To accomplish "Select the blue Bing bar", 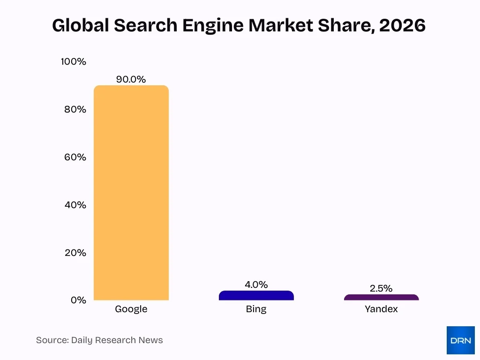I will [256, 296].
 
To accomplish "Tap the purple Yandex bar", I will [381, 297].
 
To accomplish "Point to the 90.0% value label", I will [131, 79].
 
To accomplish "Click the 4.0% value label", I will [256, 285].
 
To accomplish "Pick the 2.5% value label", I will [381, 288].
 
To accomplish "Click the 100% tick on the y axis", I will [74, 61].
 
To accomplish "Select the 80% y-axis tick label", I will [75, 109].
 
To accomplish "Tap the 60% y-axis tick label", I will [75, 157].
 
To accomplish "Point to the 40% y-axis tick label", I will [75, 205].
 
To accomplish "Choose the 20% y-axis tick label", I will [75, 253].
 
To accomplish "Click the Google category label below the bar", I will [131, 309].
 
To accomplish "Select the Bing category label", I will [256, 309].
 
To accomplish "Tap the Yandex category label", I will [381, 309].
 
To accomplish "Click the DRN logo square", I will [460, 340].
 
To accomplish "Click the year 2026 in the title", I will [402, 25].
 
